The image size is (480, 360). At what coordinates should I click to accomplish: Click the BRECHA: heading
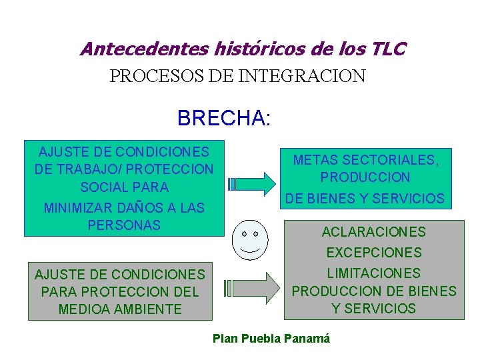pos(224,118)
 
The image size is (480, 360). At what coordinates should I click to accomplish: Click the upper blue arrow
pos(254,182)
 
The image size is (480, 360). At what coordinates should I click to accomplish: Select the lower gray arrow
pos(254,288)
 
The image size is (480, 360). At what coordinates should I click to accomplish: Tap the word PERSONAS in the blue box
pos(124,225)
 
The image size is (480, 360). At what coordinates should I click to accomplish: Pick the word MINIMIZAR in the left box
pos(77,207)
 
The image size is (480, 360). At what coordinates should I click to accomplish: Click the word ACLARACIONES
pos(373,232)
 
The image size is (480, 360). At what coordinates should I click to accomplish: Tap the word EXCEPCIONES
pos(373,253)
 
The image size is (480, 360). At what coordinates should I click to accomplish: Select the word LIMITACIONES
pos(373,273)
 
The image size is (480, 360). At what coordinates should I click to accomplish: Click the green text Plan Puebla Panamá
pos(271,338)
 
